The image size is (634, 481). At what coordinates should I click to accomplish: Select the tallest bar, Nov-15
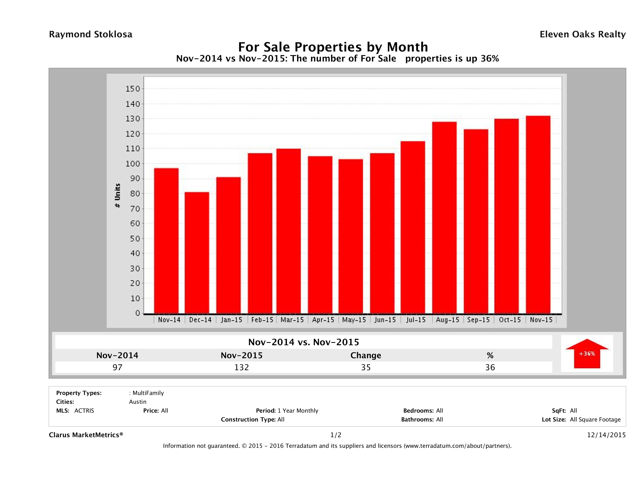538,215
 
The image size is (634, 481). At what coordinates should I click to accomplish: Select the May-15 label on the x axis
354,320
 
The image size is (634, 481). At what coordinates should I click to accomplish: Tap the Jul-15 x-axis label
416,320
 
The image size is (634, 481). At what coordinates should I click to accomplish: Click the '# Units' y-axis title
117,196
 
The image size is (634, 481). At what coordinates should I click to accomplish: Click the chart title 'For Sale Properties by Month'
333,47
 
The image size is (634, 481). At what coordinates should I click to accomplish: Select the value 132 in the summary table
242,367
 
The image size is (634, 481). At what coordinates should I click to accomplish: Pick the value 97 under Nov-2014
117,367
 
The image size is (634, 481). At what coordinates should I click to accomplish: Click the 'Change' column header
366,355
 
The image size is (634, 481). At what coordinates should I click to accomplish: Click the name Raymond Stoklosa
91,34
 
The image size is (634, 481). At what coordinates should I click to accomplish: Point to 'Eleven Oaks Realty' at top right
582,34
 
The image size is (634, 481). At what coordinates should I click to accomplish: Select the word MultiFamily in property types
148,393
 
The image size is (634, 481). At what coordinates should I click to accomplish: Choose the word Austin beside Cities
138,402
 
